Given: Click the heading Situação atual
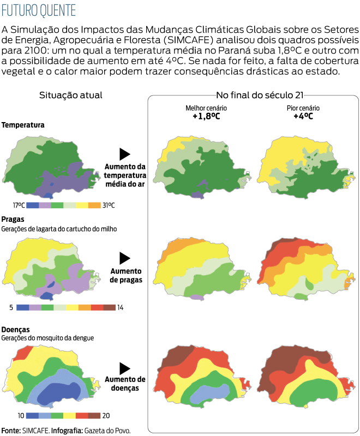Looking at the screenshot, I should (x=71, y=95).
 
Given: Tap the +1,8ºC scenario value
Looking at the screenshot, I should (x=206, y=116).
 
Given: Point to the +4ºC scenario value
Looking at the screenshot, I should (x=303, y=116).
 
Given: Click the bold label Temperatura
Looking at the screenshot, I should (x=23, y=125).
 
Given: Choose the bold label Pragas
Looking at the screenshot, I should (x=13, y=219).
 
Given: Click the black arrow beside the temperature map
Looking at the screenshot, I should (x=125, y=154).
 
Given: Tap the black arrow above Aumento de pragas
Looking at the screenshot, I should (x=125, y=258).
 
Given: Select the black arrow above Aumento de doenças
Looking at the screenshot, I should (x=125, y=368).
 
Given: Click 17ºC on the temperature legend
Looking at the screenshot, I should (x=19, y=205).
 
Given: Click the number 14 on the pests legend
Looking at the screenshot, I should (x=120, y=307).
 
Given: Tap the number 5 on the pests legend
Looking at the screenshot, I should (x=11, y=307).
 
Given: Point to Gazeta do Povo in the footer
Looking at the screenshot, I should (x=107, y=430).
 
